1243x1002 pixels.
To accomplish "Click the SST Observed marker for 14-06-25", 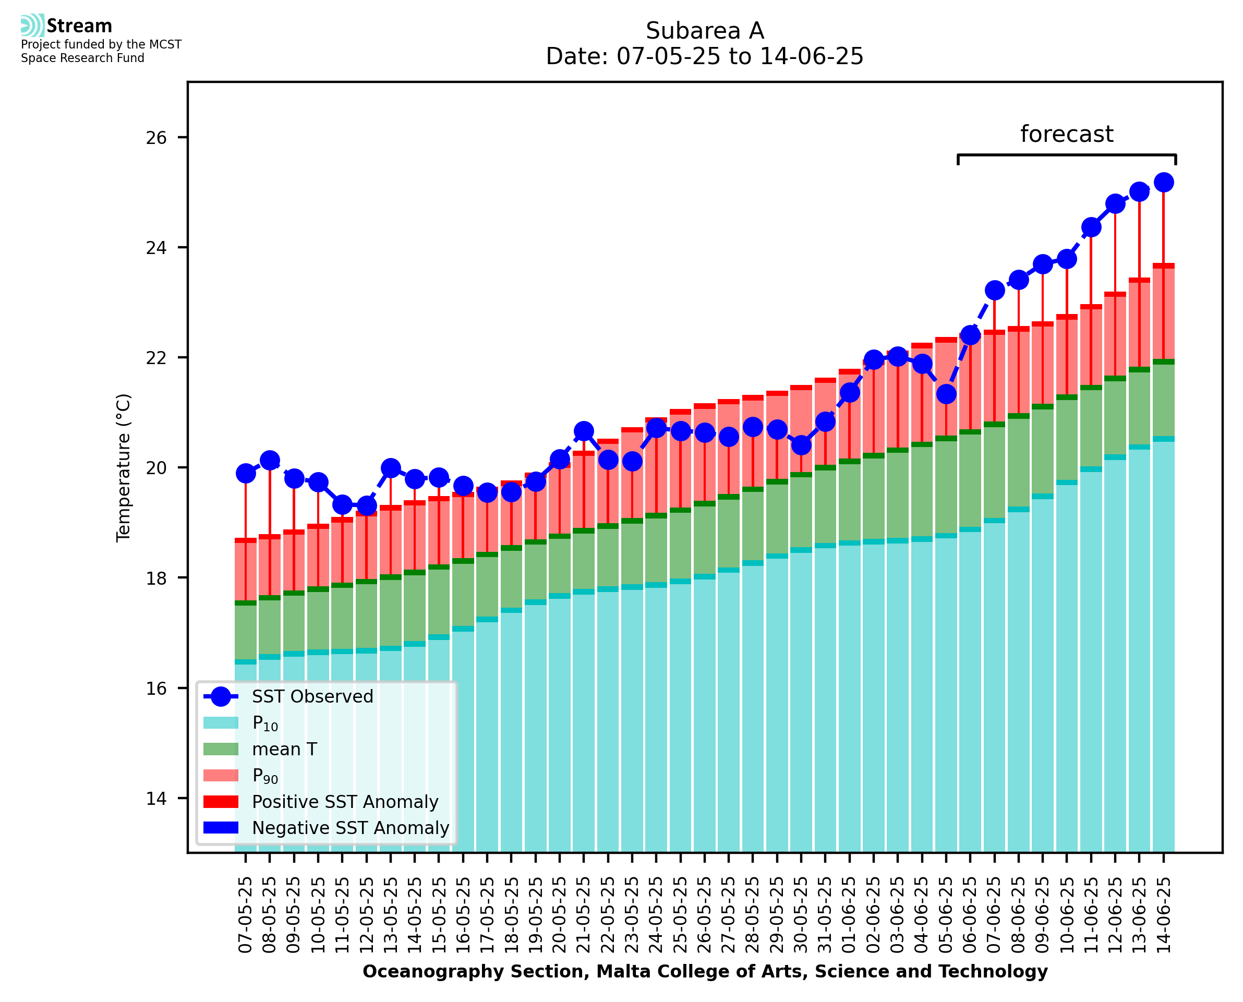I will coord(1163,183).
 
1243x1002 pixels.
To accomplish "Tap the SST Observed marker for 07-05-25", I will coord(246,473).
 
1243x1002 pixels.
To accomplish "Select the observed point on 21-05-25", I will coord(583,431).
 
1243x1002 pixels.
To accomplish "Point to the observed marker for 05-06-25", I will coord(946,394).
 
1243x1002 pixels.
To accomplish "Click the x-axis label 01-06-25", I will coord(849,915).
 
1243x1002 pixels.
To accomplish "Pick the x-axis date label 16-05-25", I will coord(463,915).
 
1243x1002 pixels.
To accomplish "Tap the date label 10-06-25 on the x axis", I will coord(1066,915).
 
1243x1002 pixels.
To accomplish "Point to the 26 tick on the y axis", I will coord(156,137).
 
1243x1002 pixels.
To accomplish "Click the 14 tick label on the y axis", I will coord(156,799).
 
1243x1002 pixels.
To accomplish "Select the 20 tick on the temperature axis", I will coord(156,468).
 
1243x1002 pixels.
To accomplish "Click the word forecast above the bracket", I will coord(1066,134).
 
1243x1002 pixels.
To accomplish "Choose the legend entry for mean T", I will coord(284,749).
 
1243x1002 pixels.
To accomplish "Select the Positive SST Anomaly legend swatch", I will coord(221,802).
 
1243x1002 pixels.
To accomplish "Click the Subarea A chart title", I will coord(705,31).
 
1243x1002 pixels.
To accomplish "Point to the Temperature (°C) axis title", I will coord(124,468).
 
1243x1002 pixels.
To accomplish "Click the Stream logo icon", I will coord(32,26).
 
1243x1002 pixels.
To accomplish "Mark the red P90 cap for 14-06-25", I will coord(1163,266).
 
